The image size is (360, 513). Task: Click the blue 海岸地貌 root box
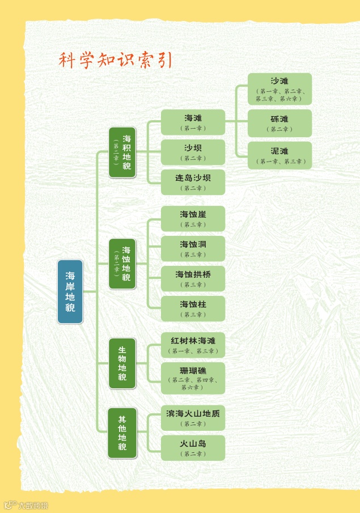(x=70, y=291)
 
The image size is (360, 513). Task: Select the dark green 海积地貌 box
(x=122, y=152)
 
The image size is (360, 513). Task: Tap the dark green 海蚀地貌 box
(x=122, y=264)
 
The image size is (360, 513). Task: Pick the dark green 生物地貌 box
(x=122, y=363)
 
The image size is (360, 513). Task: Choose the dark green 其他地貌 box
(x=122, y=433)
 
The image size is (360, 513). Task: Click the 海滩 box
(x=193, y=122)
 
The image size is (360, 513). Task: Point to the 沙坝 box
(x=193, y=152)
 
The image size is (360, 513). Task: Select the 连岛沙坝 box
(x=193, y=182)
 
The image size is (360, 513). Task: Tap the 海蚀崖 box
(x=193, y=218)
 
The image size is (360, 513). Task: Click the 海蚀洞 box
(x=193, y=248)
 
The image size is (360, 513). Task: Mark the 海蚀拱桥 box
(x=193, y=278)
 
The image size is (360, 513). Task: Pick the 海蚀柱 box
(x=193, y=308)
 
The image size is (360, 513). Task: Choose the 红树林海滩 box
(x=193, y=345)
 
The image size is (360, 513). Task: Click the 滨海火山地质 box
(x=193, y=418)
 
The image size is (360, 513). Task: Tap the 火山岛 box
(x=193, y=448)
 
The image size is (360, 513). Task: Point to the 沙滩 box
(x=279, y=89)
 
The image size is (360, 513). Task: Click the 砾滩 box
(x=279, y=123)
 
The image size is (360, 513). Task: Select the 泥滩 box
(x=279, y=155)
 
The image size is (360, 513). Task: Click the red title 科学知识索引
(x=116, y=60)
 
